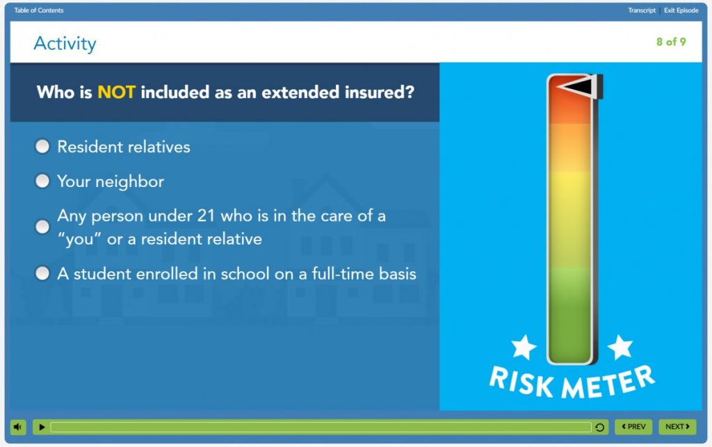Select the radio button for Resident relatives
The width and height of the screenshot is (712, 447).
point(42,146)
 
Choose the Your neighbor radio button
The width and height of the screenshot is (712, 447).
point(42,181)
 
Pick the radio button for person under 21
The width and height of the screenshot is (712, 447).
point(42,227)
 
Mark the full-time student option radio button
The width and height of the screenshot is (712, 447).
point(42,273)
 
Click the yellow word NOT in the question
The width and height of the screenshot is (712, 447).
point(116,92)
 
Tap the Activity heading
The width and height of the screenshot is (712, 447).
point(65,44)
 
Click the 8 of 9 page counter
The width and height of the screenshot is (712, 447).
point(671,42)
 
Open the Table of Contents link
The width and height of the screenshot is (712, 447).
point(39,10)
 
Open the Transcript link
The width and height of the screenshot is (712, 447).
point(642,10)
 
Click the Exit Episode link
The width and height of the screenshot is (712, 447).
point(681,10)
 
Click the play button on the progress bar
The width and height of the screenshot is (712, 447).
point(42,427)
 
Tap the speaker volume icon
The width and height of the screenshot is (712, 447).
point(17,427)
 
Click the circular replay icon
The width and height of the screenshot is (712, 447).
point(599,427)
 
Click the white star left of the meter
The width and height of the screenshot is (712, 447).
point(524,347)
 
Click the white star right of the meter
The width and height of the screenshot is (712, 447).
point(620,347)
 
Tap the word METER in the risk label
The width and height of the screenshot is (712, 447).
point(608,382)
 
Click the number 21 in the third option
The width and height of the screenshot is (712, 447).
point(206,216)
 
